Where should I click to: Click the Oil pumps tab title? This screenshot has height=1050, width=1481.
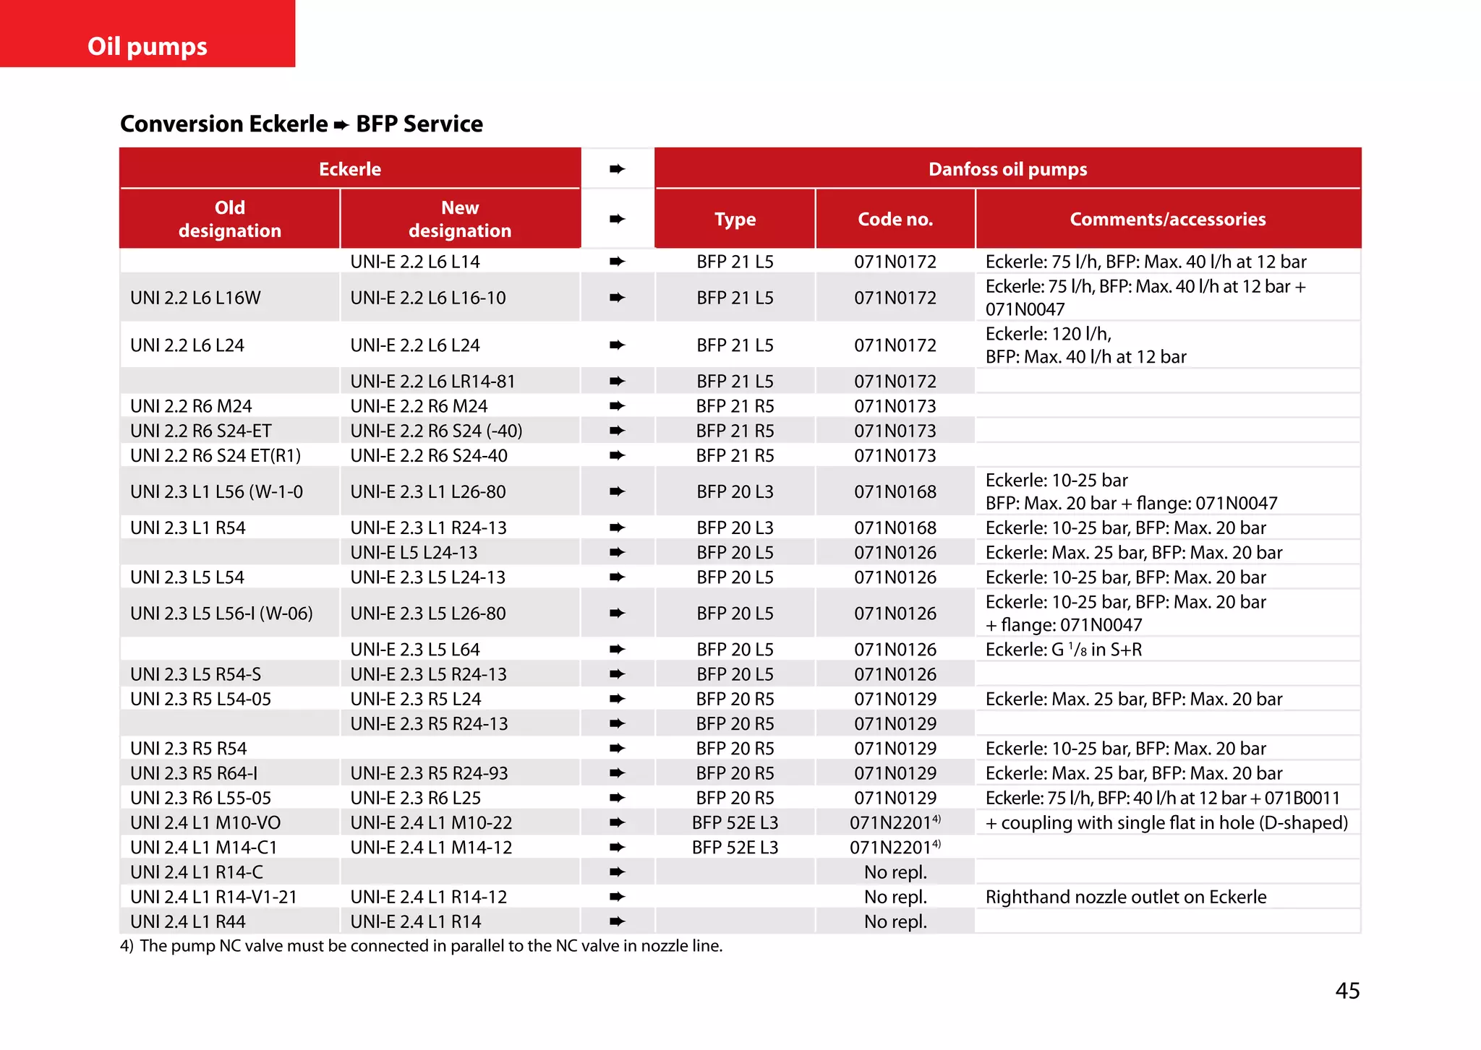tap(147, 46)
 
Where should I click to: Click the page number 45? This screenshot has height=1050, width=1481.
tap(1346, 990)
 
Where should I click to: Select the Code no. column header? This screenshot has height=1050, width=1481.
tap(895, 219)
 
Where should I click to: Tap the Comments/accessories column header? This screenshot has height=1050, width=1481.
tap(1167, 219)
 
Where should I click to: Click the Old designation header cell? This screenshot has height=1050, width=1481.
tap(229, 219)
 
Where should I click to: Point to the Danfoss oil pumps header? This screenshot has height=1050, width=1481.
tap(1007, 169)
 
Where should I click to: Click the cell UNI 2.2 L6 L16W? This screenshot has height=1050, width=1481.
tap(195, 298)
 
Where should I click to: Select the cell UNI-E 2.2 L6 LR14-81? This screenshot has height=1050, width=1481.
tap(432, 381)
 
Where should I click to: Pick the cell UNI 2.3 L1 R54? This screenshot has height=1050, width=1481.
tap(187, 528)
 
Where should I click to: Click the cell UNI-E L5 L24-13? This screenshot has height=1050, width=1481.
tap(414, 552)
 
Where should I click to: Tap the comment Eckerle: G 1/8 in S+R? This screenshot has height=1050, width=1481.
tap(1063, 649)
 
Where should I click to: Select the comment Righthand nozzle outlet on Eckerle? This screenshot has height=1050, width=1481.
tap(1125, 897)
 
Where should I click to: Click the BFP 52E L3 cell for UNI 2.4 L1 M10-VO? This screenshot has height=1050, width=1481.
tap(735, 822)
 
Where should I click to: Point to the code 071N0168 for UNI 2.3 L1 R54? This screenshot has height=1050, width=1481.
tap(895, 528)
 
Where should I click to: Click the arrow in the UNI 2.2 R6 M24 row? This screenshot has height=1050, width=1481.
tap(617, 406)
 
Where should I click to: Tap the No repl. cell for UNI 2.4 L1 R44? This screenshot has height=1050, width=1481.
tap(895, 921)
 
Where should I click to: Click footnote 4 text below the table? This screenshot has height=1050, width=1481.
tap(421, 946)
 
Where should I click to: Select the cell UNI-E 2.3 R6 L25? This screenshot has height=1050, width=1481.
tap(415, 798)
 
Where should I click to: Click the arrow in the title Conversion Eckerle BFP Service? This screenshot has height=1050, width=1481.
tap(341, 125)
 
